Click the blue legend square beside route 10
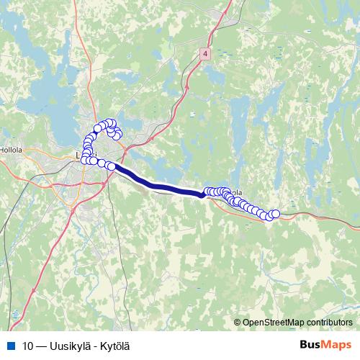pyautogui.click(x=10, y=345)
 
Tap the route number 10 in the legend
pyautogui.click(x=28, y=345)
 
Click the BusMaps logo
pyautogui.click(x=325, y=344)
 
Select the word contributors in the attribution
pyautogui.click(x=329, y=322)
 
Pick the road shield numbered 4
pyautogui.click(x=206, y=54)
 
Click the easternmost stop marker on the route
pyautogui.click(x=274, y=214)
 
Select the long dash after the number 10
pyautogui.click(x=43, y=345)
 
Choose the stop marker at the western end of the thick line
pyautogui.click(x=112, y=166)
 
